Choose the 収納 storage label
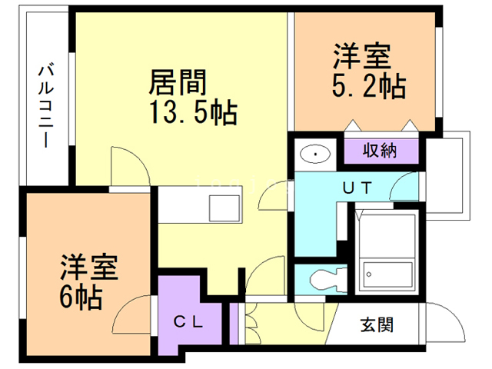(x=380, y=150)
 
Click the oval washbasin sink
(x=316, y=155)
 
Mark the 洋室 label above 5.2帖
(x=361, y=58)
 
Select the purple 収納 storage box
(x=380, y=151)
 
